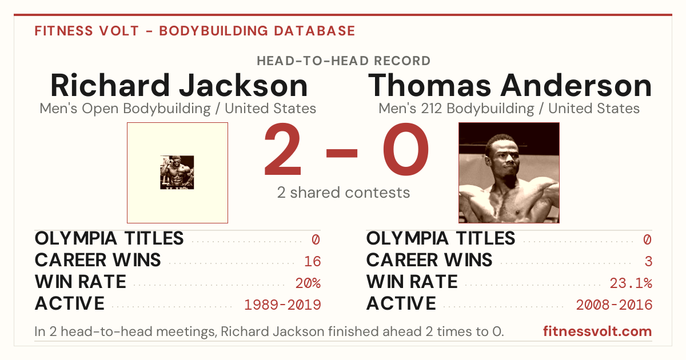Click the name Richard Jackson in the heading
click(x=179, y=85)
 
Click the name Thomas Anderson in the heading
click(x=510, y=85)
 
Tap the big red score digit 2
click(x=282, y=149)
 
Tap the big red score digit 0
click(x=406, y=149)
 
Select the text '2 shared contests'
click(x=344, y=193)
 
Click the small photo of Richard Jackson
click(x=177, y=173)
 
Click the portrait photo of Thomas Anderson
click(x=509, y=173)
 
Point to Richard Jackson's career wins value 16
click(x=312, y=261)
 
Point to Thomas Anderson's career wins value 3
click(x=648, y=261)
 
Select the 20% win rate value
click(x=308, y=283)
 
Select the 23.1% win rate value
click(x=631, y=283)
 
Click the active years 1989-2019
click(x=282, y=305)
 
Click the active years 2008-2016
click(x=614, y=305)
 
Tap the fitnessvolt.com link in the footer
click(x=597, y=331)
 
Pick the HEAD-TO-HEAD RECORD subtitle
click(x=344, y=61)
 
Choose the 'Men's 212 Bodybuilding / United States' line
click(x=509, y=109)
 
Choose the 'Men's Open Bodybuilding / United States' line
click(x=178, y=109)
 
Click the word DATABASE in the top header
click(x=314, y=31)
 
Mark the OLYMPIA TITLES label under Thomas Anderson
click(x=441, y=238)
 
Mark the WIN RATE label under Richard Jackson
click(x=80, y=282)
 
